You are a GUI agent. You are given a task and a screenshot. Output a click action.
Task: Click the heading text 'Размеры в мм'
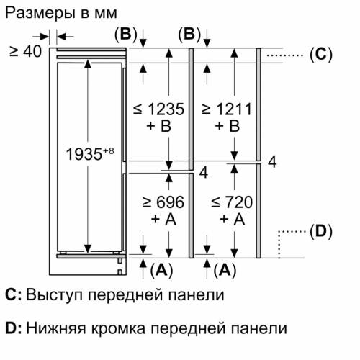point(53,13)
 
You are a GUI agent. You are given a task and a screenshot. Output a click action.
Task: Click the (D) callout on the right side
point(320,231)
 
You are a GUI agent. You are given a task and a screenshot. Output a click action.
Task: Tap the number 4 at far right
point(272,161)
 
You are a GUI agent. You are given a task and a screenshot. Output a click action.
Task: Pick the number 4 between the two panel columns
point(203,172)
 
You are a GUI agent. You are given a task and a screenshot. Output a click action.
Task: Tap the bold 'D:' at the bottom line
point(13,328)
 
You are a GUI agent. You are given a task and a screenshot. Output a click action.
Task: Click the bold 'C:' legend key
point(13,295)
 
